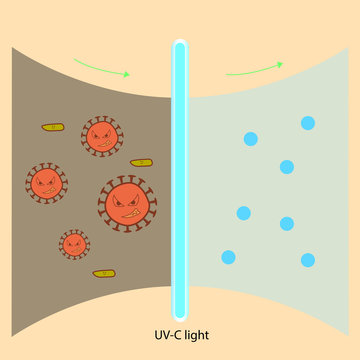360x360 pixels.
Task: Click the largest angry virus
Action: pos(126,202)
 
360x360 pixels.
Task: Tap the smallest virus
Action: pos(73,244)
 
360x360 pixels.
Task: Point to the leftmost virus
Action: pos(46,183)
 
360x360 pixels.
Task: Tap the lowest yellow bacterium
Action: pos(103,273)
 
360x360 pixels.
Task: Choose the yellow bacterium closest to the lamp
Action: pos(142,162)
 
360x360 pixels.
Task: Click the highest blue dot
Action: pos(307,123)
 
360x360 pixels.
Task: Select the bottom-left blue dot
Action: pos(228,257)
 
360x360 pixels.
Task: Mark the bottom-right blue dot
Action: pos(308,260)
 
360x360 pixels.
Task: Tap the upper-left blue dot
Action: pos(249,138)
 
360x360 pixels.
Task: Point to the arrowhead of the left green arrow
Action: pos(125,74)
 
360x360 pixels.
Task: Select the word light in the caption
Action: pos(198,336)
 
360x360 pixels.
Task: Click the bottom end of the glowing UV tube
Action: pos(180,313)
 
